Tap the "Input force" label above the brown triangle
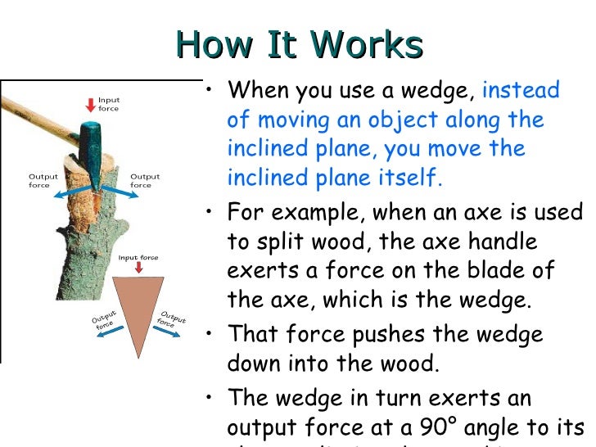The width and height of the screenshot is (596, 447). (x=138, y=257)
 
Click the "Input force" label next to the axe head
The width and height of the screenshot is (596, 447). (x=109, y=104)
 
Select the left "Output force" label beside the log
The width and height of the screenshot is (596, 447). (x=43, y=180)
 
